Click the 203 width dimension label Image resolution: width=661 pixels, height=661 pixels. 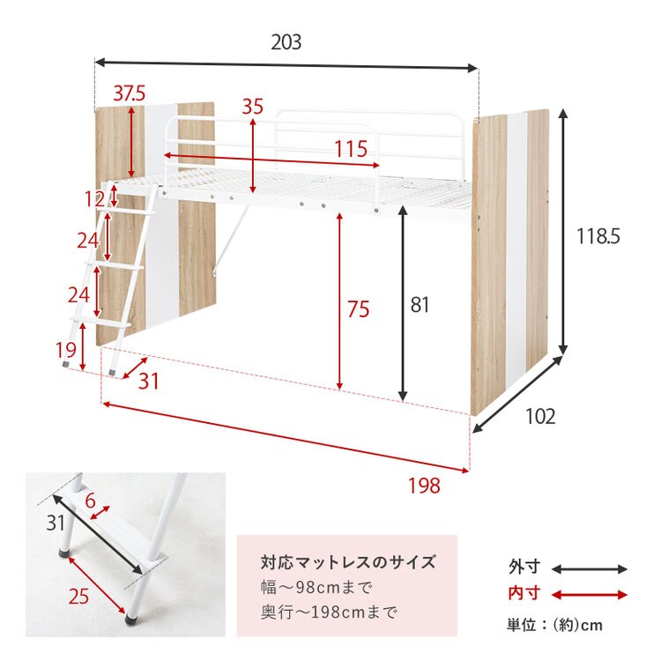pyautogui.click(x=286, y=42)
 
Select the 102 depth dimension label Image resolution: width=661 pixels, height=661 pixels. pyautogui.click(x=538, y=417)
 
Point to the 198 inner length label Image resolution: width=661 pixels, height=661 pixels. pyautogui.click(x=423, y=485)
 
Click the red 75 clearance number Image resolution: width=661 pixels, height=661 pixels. pyautogui.click(x=358, y=309)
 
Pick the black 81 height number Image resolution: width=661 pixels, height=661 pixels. pyautogui.click(x=420, y=305)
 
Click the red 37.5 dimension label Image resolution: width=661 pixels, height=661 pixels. pyautogui.click(x=129, y=93)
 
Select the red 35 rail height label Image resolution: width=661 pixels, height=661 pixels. pyautogui.click(x=253, y=107)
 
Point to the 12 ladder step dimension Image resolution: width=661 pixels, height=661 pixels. pyautogui.click(x=95, y=199)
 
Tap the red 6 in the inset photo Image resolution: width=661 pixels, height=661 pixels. pyautogui.click(x=90, y=501)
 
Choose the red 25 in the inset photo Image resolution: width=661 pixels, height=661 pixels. pyautogui.click(x=78, y=596)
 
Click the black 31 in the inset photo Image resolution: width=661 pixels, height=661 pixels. pyautogui.click(x=56, y=523)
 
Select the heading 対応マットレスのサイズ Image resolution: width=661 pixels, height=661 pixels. pyautogui.click(x=348, y=562)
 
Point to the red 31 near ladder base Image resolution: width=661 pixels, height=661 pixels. pyautogui.click(x=148, y=381)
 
